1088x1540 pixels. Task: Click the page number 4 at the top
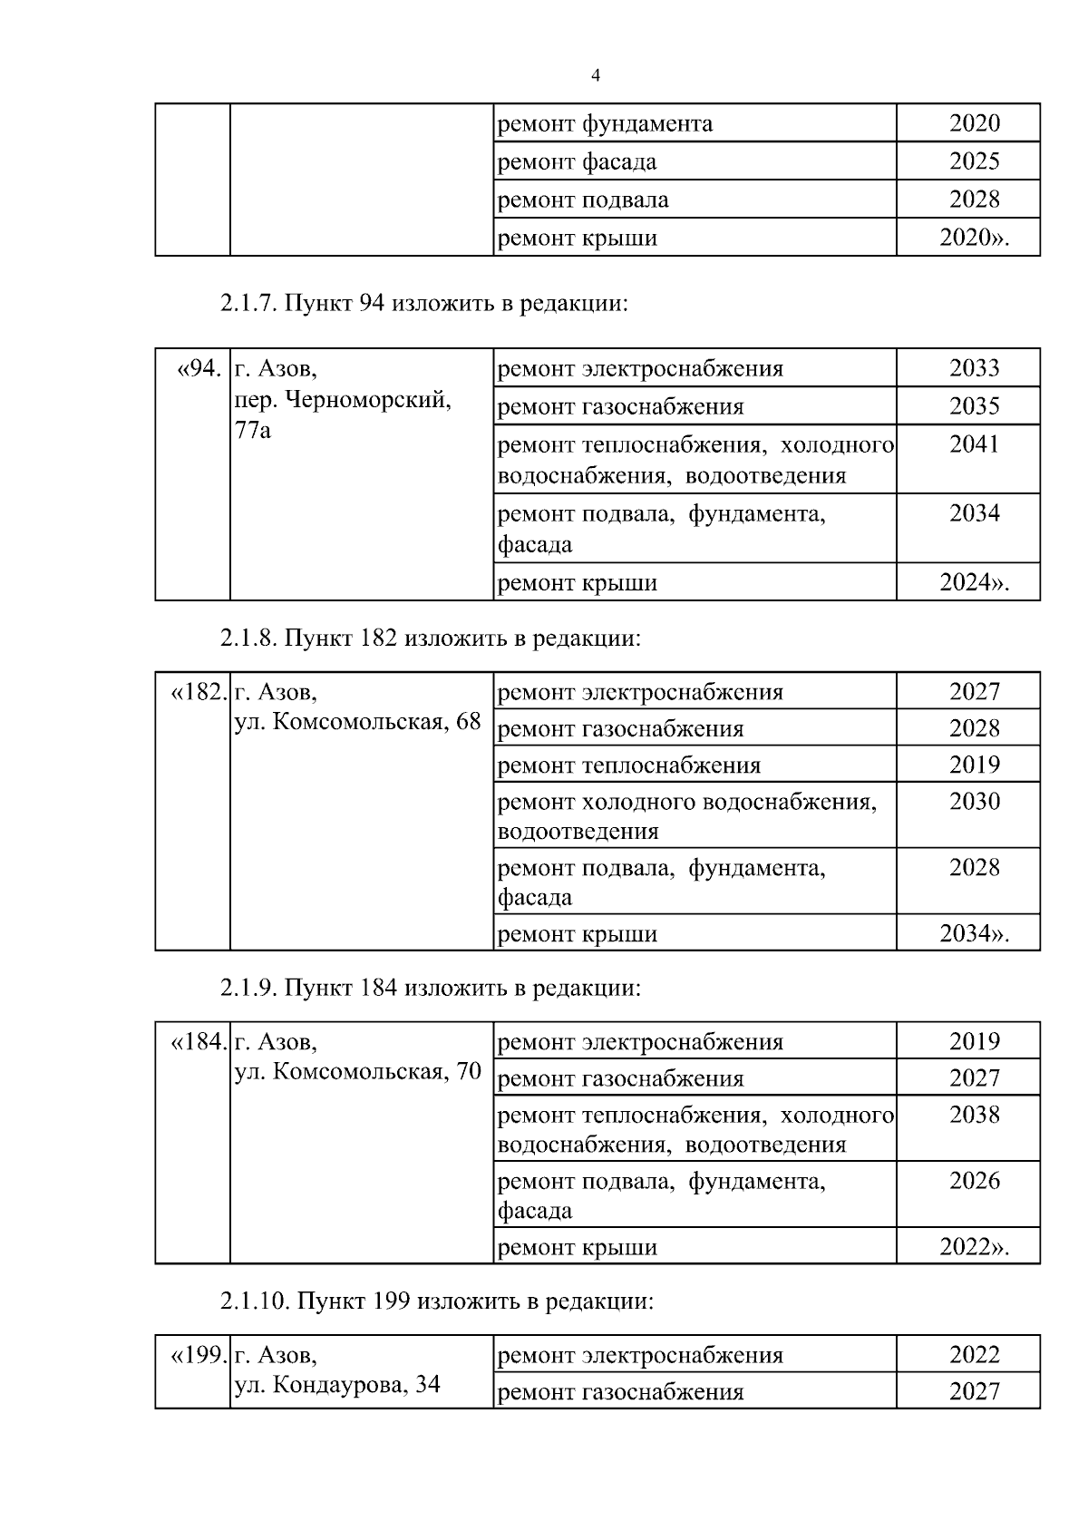596,75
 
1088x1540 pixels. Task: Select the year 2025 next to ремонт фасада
974,161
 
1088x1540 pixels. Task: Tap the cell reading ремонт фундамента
606,123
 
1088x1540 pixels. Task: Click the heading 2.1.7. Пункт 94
423,303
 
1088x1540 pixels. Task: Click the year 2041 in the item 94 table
974,444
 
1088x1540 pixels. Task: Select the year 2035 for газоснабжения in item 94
974,406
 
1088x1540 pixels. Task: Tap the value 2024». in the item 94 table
974,582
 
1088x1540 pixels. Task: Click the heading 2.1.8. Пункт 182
430,638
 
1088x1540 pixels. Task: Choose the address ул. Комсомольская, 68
357,722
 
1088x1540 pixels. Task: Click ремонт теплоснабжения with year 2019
629,765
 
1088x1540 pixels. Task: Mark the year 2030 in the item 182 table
974,802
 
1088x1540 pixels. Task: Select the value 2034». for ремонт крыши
974,933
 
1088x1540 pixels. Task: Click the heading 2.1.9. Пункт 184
430,987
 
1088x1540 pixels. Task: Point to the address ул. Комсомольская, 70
357,1072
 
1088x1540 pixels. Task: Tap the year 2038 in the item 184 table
974,1115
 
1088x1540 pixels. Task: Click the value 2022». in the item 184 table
974,1247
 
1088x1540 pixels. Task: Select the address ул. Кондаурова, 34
337,1385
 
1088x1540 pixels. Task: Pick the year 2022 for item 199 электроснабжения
974,1355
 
